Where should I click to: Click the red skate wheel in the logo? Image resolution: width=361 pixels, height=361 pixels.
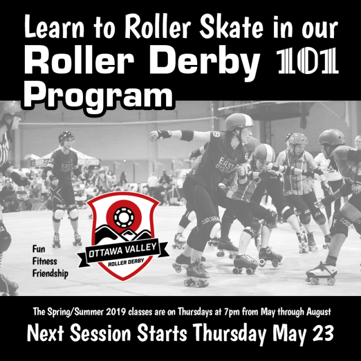tap(125, 216)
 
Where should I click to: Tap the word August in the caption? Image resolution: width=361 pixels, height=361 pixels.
tap(314, 311)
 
